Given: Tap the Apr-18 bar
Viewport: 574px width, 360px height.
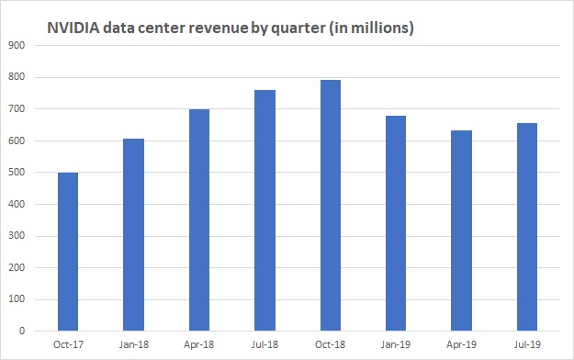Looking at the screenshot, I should pos(197,220).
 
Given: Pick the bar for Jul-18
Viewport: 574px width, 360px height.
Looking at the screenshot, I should pos(264,210).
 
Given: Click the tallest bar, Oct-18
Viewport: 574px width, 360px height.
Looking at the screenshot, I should pos(329,206).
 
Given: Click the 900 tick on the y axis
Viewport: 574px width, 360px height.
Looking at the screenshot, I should pos(15,45).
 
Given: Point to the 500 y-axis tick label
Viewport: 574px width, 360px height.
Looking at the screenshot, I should pos(15,173).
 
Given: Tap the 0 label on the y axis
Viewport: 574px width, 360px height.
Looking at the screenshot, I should pos(20,332).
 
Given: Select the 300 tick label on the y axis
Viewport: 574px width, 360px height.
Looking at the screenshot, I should pos(15,236).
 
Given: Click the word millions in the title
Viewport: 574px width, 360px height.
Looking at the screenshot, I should pos(384,28).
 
